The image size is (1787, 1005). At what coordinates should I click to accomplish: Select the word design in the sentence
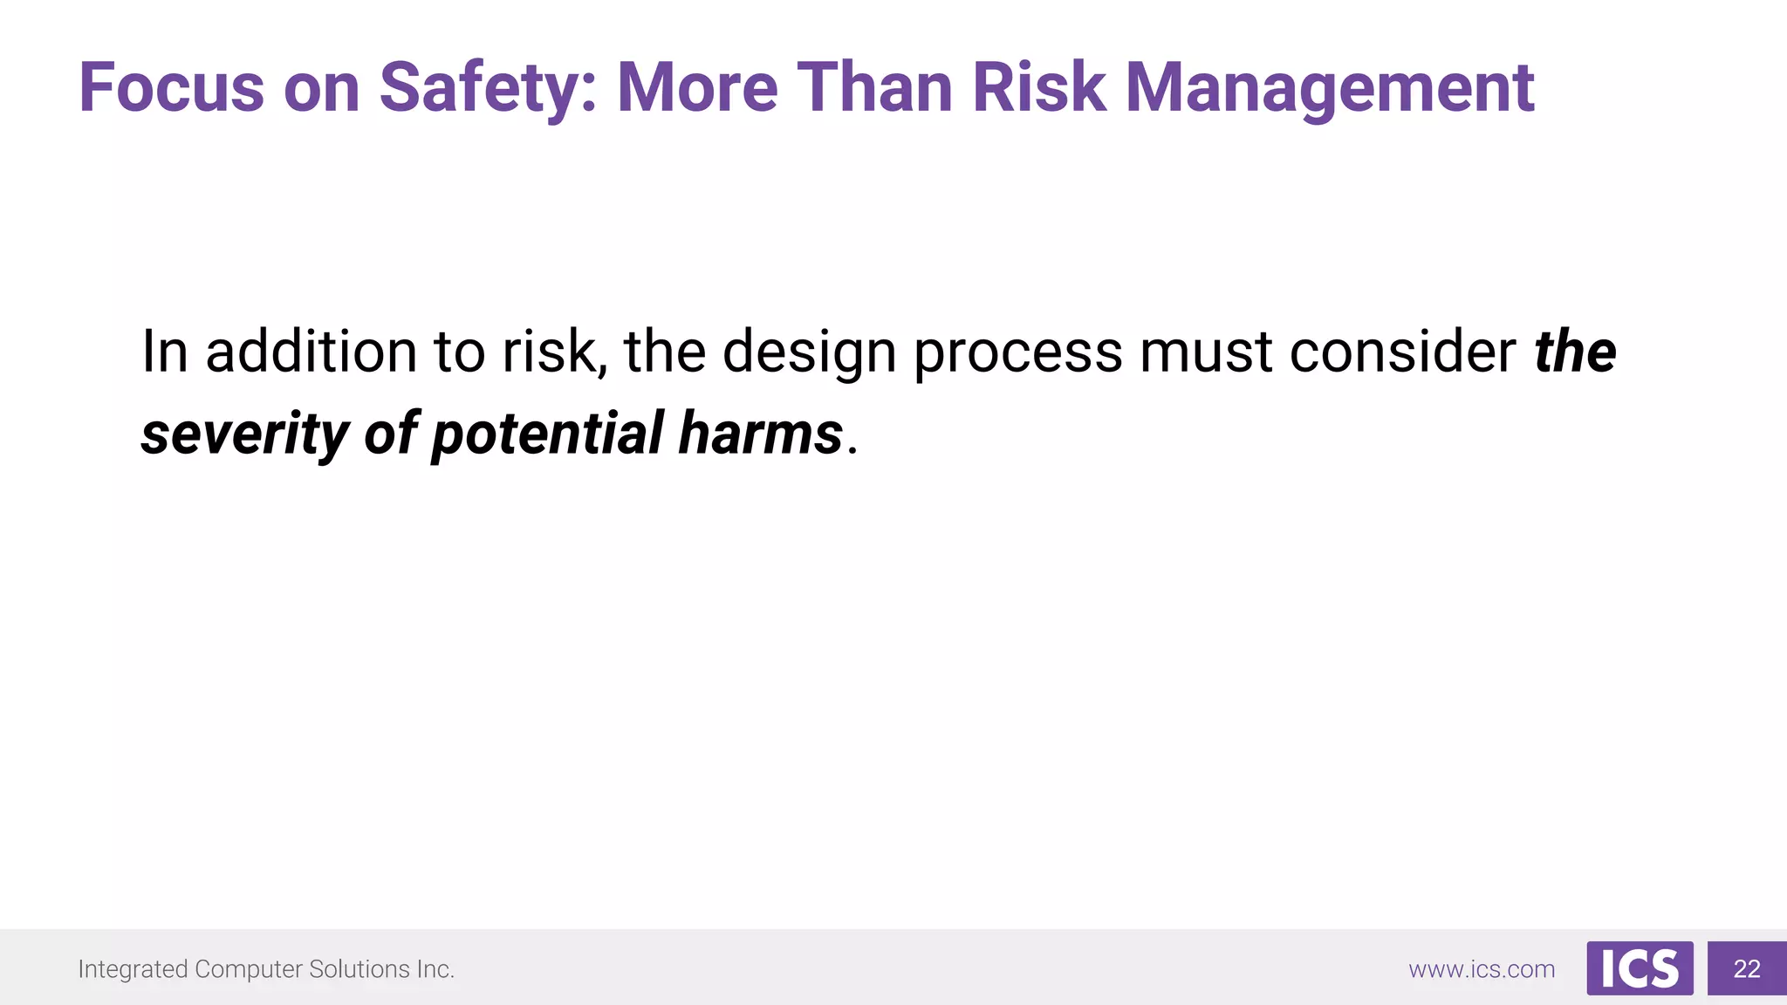click(x=810, y=352)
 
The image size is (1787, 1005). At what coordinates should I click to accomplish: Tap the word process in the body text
click(x=1018, y=352)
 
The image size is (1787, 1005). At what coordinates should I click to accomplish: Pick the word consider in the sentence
click(x=1403, y=352)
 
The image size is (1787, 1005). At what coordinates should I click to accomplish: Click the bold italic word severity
click(x=244, y=434)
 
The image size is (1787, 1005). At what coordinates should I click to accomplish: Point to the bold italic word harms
click(x=761, y=434)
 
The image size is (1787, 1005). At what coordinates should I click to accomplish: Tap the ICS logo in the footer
click(x=1640, y=968)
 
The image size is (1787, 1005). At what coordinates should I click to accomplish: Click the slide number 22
click(x=1747, y=968)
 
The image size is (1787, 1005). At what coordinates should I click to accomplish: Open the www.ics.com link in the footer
click(x=1482, y=969)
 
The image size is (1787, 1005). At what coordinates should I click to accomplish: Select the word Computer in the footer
click(x=248, y=969)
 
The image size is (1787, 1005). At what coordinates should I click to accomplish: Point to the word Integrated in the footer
click(x=133, y=969)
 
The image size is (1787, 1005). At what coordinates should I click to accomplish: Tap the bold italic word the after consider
click(x=1575, y=352)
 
